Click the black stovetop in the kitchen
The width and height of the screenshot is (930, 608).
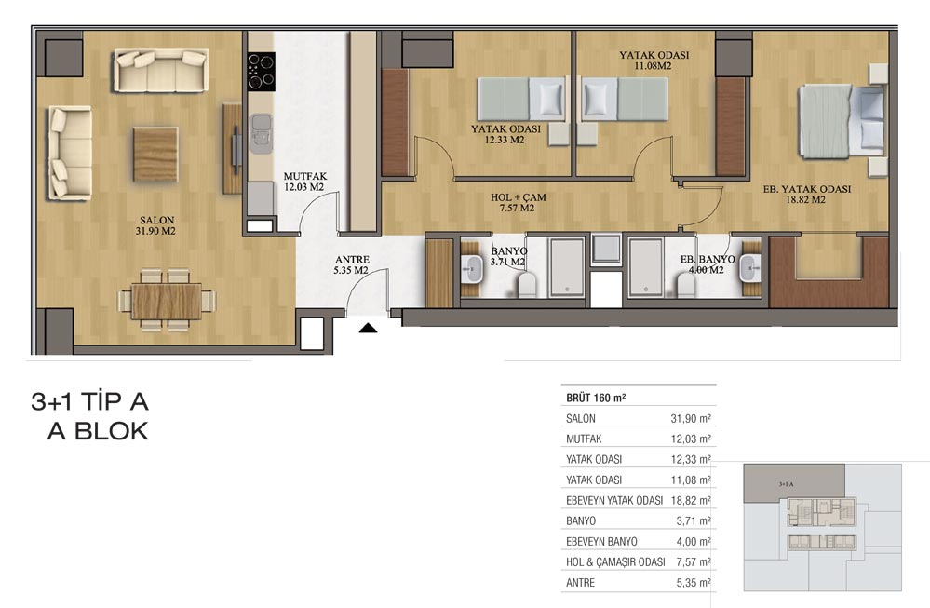[x=262, y=71]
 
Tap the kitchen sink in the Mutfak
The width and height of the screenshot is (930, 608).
[x=261, y=133]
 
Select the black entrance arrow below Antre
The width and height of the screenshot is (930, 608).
[x=369, y=328]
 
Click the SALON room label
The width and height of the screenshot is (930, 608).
[x=156, y=220]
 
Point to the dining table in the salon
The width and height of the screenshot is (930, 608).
[x=167, y=301]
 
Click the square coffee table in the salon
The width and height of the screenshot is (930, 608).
[x=155, y=155]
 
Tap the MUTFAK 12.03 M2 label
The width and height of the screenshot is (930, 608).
[x=304, y=182]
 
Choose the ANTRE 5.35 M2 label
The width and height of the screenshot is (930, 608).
[x=351, y=264]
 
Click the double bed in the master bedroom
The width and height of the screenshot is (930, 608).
[x=842, y=121]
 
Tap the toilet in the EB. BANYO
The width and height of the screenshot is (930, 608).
[x=686, y=285]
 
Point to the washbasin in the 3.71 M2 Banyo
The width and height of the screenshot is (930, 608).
[x=473, y=269]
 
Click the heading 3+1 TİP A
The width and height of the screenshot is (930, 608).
[x=89, y=401]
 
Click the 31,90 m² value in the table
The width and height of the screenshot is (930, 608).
[x=691, y=418]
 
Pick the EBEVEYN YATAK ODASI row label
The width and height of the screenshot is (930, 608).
[x=614, y=500]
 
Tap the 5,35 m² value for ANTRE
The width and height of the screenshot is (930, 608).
[x=694, y=583]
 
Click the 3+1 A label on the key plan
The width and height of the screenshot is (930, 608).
[x=786, y=484]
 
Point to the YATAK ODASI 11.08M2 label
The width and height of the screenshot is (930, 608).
[x=654, y=60]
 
